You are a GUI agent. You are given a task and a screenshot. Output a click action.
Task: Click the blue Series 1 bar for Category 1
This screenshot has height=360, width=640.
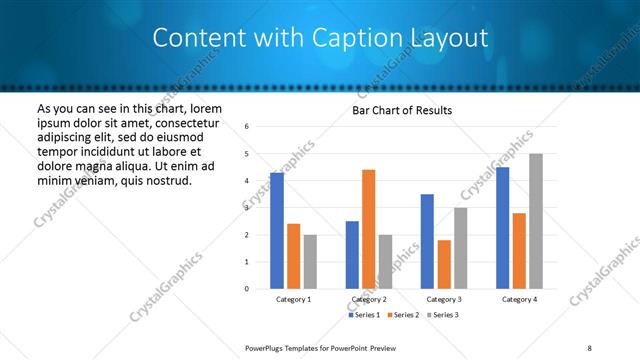(277, 231)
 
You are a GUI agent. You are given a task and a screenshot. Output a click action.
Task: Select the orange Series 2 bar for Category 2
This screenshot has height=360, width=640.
(368, 229)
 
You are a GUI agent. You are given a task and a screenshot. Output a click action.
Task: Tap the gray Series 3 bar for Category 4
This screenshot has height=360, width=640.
(536, 221)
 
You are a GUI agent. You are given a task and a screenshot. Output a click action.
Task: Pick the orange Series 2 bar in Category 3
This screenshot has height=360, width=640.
(444, 264)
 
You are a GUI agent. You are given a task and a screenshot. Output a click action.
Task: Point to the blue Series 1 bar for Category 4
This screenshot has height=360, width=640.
(502, 228)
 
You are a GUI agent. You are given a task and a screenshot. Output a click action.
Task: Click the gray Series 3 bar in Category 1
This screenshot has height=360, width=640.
(310, 262)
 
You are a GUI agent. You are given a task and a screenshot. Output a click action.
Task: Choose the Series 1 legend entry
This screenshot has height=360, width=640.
(365, 315)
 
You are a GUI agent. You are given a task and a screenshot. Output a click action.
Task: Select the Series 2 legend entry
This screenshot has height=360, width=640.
(404, 315)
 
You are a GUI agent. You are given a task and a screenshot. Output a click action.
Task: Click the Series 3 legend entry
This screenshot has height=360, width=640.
(443, 315)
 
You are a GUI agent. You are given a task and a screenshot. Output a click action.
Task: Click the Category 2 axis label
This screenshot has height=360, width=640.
(368, 300)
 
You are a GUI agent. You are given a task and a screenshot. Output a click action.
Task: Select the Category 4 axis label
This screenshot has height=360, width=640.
(519, 300)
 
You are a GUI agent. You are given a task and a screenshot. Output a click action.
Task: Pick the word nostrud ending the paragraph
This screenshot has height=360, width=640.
(165, 180)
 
